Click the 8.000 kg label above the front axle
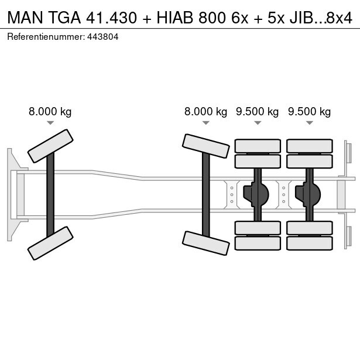[x=50, y=112]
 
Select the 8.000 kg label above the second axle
[x=205, y=112]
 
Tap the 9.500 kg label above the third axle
[x=257, y=112]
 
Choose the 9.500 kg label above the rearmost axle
[x=309, y=112]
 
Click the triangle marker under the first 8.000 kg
[x=50, y=123]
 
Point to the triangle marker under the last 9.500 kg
[x=309, y=123]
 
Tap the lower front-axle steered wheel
[x=50, y=243]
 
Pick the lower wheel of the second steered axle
[x=205, y=243]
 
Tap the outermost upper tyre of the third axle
[x=257, y=146]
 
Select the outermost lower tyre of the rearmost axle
[x=309, y=243]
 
